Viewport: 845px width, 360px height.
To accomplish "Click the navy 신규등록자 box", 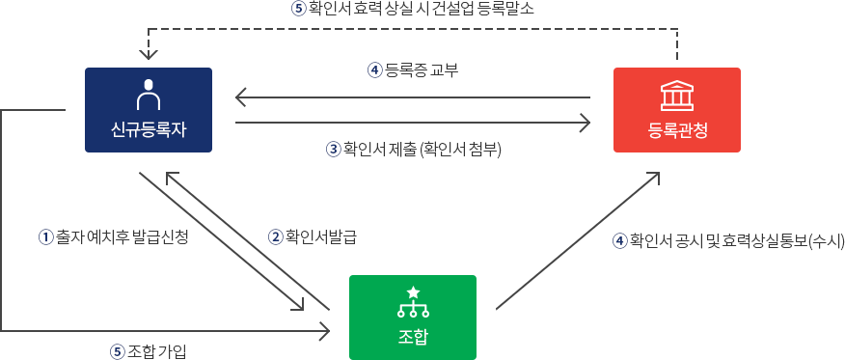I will (x=149, y=109).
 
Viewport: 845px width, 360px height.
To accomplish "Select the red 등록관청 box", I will (x=676, y=109).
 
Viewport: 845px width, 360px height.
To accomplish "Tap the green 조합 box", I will (x=412, y=316).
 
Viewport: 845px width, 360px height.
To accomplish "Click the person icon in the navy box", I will (x=149, y=96).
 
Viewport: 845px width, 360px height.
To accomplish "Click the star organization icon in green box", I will (x=413, y=302).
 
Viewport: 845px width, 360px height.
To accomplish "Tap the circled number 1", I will (x=43, y=235).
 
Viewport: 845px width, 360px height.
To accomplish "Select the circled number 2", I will (x=275, y=235).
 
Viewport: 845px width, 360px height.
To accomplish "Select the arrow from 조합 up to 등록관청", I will (x=579, y=240).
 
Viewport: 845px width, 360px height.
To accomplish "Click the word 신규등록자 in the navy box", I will (x=149, y=130).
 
